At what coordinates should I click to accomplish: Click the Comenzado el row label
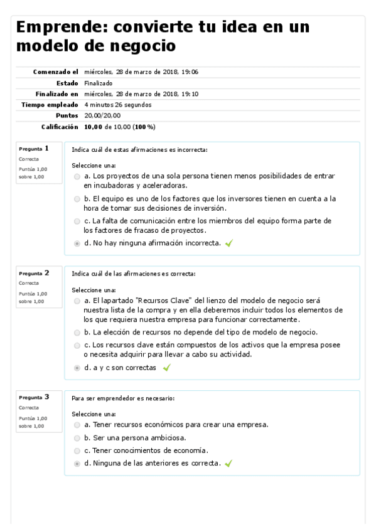56,72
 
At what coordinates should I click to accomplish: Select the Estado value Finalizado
98,83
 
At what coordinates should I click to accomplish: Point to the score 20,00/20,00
102,115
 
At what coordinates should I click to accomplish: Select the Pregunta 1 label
34,149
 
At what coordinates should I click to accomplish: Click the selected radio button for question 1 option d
77,243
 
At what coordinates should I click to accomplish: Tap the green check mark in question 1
228,243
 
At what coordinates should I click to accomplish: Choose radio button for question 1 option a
77,177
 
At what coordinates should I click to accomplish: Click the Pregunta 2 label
34,273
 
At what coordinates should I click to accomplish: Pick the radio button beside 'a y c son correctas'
77,368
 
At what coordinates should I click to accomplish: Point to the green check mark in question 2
166,368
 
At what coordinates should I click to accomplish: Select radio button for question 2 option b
77,332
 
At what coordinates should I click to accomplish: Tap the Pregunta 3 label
34,397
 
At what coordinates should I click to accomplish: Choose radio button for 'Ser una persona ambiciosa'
77,438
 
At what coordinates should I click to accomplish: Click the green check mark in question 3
228,464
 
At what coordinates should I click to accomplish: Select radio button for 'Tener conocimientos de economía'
77,450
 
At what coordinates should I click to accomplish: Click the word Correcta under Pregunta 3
29,408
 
